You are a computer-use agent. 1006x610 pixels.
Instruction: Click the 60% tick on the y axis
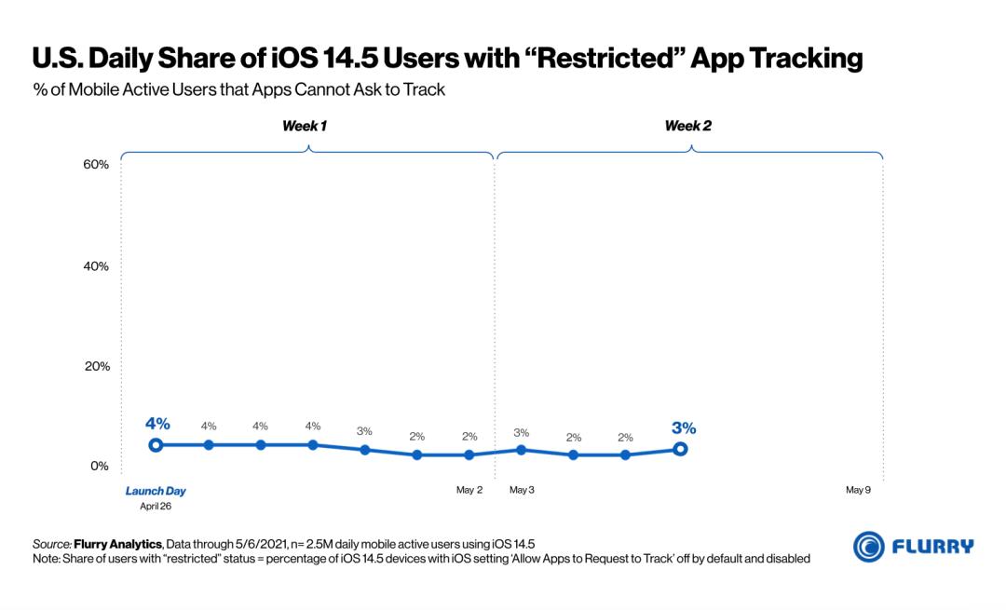(97, 165)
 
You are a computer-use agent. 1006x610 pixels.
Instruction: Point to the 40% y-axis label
(97, 265)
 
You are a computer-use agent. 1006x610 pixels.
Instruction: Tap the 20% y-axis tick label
(97, 366)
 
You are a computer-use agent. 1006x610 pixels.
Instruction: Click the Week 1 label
(305, 126)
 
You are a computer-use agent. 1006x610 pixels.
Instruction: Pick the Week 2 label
(687, 126)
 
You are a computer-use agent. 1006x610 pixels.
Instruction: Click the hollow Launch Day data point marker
(156, 445)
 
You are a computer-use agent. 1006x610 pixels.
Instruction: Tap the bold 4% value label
(156, 423)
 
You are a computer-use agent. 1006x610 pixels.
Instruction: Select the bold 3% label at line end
(684, 428)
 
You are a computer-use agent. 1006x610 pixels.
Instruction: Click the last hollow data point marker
(681, 449)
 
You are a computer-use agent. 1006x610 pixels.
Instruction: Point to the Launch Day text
(156, 491)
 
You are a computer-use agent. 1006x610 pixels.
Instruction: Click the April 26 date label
(156, 507)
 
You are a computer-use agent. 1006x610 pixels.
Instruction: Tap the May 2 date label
(469, 490)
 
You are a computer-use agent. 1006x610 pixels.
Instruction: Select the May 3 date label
(522, 490)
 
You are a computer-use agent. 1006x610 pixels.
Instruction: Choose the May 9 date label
(858, 490)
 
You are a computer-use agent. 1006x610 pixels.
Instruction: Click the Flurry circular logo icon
(869, 547)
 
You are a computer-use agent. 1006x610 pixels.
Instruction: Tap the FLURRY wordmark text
(933, 547)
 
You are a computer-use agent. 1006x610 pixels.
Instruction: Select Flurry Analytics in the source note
(119, 543)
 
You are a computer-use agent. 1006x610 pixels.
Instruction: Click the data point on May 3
(522, 450)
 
